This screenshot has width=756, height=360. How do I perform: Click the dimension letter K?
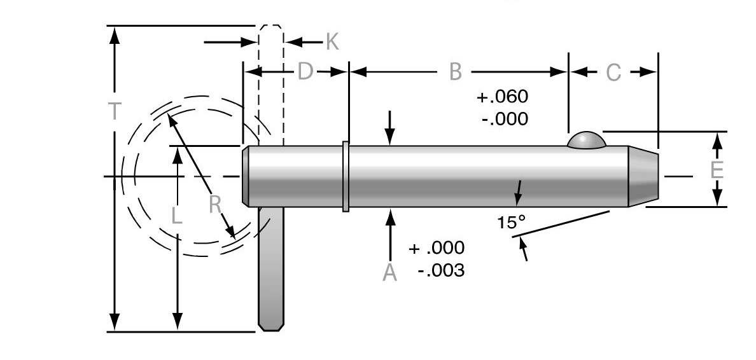coord(332,42)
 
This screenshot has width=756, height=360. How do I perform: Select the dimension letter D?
coord(305,72)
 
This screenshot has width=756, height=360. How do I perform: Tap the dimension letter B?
coord(455,72)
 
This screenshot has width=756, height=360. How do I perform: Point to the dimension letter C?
coord(613,73)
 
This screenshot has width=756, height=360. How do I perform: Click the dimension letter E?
coord(717,170)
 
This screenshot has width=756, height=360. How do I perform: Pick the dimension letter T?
coord(114,112)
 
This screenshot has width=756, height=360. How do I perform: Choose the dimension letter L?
coord(177,216)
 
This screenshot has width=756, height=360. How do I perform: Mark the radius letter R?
coord(215,205)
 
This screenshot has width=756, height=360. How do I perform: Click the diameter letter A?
coord(390,273)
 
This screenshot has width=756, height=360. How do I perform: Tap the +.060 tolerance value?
coord(502,97)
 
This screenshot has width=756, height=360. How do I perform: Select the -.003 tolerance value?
coord(441,270)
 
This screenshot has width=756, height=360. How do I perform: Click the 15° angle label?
coord(512,223)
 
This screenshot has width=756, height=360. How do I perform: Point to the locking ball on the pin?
coord(585,140)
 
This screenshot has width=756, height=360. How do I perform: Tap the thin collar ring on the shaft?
coord(346,176)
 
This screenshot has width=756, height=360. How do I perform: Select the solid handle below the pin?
coord(270,267)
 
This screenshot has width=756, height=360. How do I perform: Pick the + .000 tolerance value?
coord(437,247)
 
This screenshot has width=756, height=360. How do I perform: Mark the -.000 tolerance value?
coord(505,118)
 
